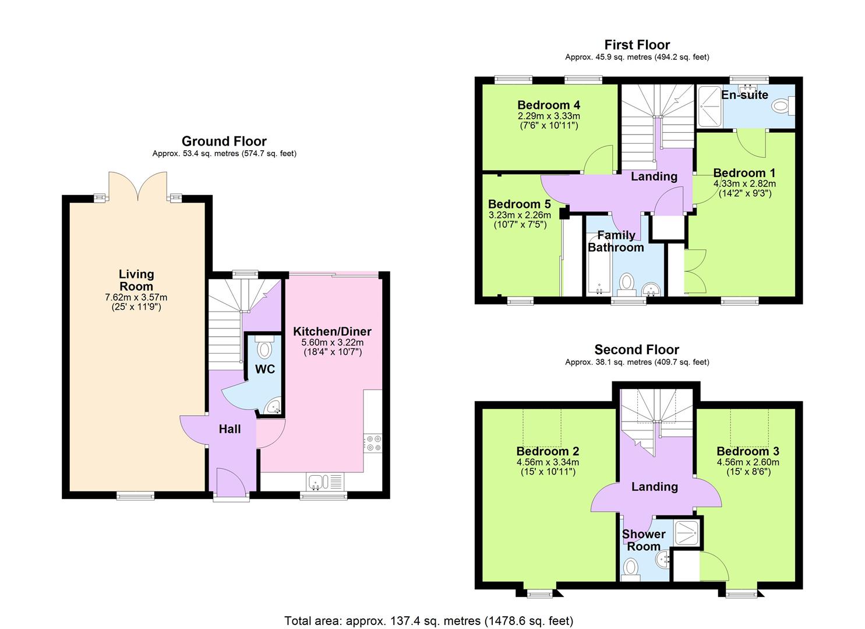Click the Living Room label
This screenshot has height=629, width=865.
click(x=136, y=280)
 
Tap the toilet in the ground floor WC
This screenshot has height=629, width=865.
click(x=264, y=348)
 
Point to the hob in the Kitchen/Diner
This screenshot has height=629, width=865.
click(x=372, y=443)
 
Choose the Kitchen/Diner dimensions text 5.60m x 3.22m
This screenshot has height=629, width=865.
click(x=332, y=342)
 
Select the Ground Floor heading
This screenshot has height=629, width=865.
click(x=224, y=141)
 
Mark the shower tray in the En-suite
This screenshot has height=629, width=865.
click(x=709, y=106)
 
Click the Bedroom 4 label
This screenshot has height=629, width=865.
click(x=548, y=105)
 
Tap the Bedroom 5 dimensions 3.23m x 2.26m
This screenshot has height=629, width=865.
click(x=519, y=215)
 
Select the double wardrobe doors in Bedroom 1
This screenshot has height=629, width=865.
click(x=696, y=271)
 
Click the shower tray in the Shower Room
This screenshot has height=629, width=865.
click(x=687, y=532)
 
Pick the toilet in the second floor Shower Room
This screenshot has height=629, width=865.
click(x=630, y=568)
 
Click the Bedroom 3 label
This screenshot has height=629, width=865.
click(x=747, y=451)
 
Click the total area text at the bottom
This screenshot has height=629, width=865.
click(x=429, y=621)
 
